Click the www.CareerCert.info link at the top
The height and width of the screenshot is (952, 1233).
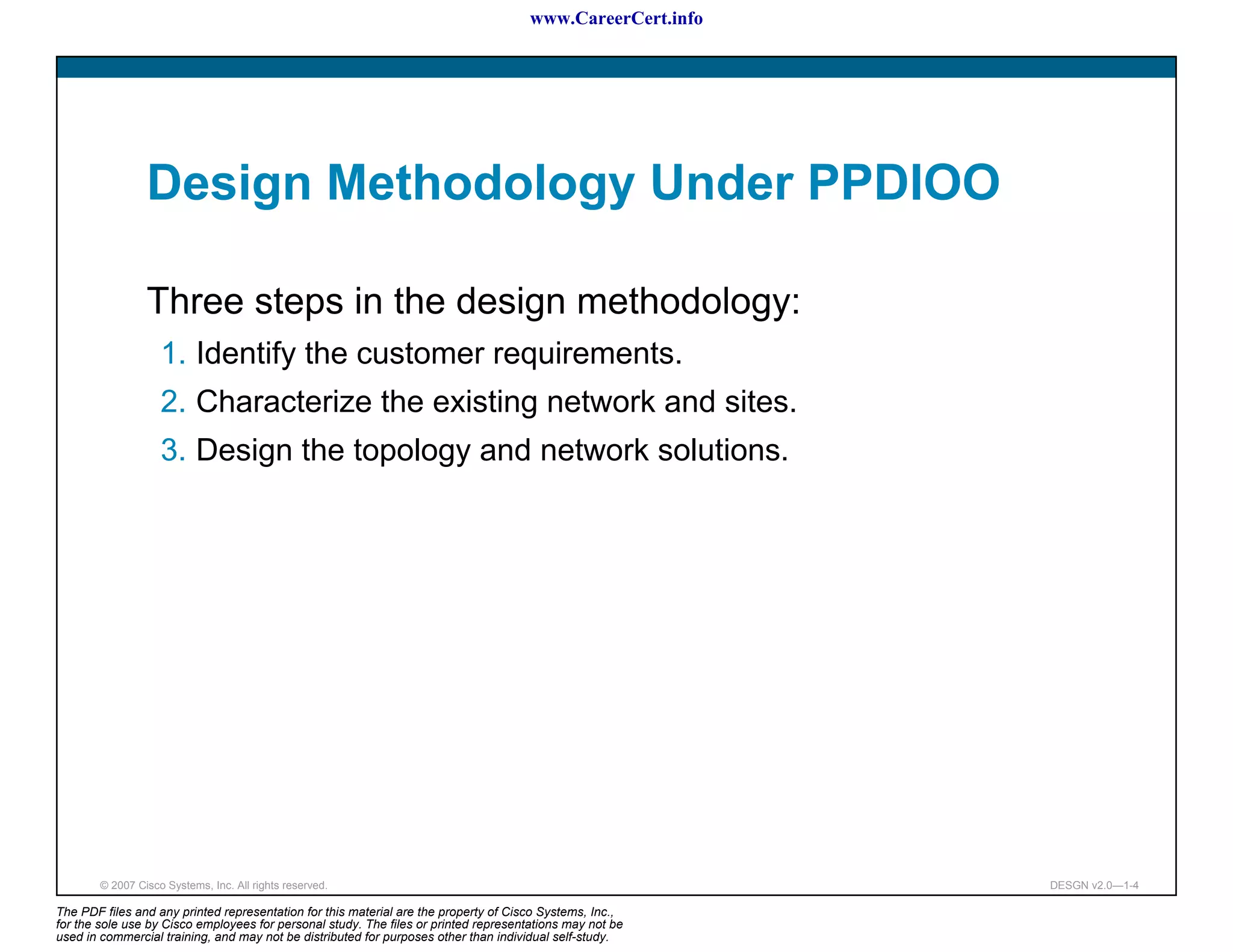(616, 19)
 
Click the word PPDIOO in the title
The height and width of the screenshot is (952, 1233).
(903, 182)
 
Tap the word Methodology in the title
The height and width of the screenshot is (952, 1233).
(480, 184)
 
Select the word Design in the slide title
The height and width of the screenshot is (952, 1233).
(229, 184)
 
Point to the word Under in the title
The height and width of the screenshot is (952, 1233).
(721, 182)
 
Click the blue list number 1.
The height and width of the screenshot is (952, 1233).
(173, 353)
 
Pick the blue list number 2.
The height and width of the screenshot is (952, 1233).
(173, 402)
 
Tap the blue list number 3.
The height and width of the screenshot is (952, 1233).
(173, 451)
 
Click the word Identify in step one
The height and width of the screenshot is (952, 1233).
(246, 354)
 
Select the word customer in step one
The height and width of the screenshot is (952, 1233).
(420, 354)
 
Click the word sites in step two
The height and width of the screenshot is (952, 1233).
(760, 402)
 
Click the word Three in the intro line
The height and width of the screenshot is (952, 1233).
(195, 301)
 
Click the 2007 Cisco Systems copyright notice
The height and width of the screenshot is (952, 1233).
(213, 885)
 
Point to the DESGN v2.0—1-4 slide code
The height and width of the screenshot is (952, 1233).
(1094, 885)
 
